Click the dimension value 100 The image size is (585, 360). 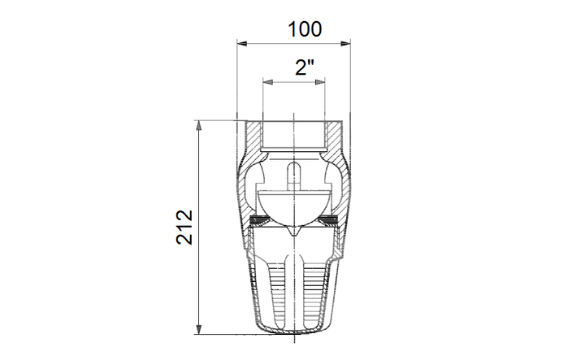(x=305, y=29)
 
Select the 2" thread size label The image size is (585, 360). (x=305, y=67)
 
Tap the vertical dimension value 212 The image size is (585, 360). (x=184, y=228)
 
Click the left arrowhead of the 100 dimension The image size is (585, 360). (x=242, y=44)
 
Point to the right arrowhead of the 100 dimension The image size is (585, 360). (x=345, y=44)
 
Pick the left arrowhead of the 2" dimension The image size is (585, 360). (x=268, y=82)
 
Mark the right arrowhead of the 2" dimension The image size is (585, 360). (x=320, y=82)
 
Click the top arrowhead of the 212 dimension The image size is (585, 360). (x=198, y=126)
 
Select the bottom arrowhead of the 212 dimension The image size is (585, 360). (x=198, y=329)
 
